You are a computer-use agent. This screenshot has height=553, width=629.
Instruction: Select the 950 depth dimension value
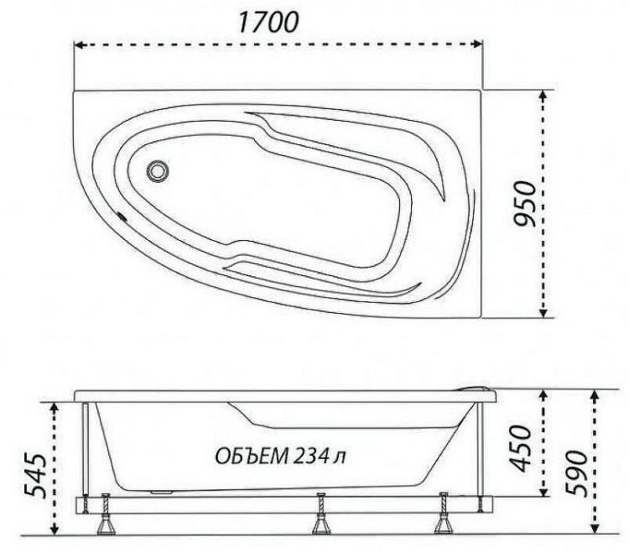[x=523, y=204]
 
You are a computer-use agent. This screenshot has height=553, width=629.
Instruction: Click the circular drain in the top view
[x=158, y=171]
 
